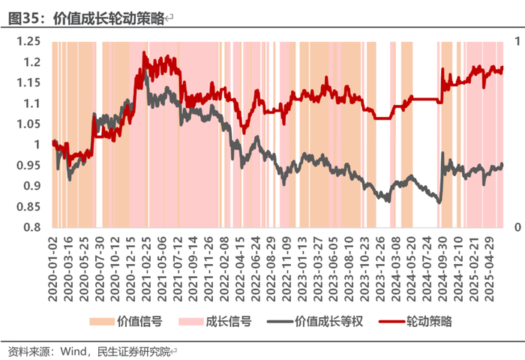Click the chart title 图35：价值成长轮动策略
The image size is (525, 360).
tap(86, 18)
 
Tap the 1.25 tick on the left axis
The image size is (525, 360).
tap(28, 41)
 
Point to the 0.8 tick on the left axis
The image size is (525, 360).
tap(31, 227)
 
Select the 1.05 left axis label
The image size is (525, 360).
tap(28, 124)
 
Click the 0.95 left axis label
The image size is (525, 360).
tap(28, 166)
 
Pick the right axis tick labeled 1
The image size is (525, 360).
tap(517, 41)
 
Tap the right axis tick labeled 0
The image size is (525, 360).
tap(517, 227)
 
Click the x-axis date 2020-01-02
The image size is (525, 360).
tap(53, 269)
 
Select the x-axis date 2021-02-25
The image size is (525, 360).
tap(147, 269)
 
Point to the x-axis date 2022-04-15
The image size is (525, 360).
tap(240, 269)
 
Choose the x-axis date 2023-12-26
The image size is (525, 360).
tap(380, 269)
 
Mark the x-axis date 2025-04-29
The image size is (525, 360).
tap(490, 269)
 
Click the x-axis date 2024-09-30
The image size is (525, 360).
tap(442, 269)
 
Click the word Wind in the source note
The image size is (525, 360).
tap(73, 351)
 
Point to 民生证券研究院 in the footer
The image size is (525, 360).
tap(134, 351)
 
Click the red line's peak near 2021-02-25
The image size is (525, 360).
tap(144, 52)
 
